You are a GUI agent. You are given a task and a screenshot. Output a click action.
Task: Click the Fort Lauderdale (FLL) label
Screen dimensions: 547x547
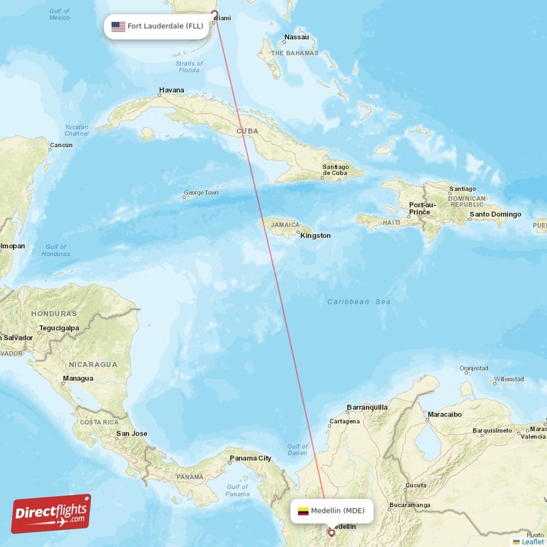[165, 27]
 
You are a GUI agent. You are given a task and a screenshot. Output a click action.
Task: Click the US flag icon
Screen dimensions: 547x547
[118, 27]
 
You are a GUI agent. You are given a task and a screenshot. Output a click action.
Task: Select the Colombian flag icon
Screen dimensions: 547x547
[303, 510]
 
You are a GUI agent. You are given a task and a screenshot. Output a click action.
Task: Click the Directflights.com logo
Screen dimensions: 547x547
[51, 513]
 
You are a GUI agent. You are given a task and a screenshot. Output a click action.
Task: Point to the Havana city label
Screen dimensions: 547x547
[172, 90]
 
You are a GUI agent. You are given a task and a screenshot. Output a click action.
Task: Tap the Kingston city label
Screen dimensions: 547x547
[316, 235]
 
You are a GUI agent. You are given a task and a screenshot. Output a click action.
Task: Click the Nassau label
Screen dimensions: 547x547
[297, 37]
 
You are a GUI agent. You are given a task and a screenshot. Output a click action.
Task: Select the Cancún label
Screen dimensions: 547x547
[61, 145]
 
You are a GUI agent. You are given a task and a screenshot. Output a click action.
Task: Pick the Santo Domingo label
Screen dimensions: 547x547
[495, 215]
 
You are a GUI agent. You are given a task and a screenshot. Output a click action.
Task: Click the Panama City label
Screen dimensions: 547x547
[250, 458]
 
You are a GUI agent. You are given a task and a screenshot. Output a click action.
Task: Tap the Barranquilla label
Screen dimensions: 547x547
[367, 407]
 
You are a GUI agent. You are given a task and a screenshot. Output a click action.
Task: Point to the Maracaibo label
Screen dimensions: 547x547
[444, 414]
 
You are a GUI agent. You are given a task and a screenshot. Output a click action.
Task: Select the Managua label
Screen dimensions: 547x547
[78, 378]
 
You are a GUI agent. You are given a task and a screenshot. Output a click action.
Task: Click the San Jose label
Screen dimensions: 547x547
[131, 433]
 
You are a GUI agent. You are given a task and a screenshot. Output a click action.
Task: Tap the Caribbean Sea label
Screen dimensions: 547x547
[358, 302]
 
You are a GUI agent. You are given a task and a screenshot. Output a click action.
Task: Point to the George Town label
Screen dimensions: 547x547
[201, 193]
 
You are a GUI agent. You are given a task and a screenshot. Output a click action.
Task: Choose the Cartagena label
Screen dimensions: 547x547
[344, 421]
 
